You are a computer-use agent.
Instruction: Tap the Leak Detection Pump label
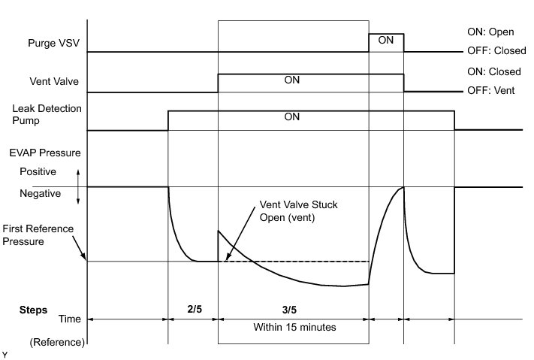point(47,115)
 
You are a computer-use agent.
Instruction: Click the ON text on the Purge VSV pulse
point(385,41)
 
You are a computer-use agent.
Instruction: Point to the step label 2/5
point(193,309)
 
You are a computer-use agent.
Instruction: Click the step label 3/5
point(292,309)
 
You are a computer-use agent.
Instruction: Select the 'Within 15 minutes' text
point(293,328)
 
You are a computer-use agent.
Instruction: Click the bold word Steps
point(33,309)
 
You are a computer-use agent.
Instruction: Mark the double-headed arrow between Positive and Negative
point(78,186)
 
